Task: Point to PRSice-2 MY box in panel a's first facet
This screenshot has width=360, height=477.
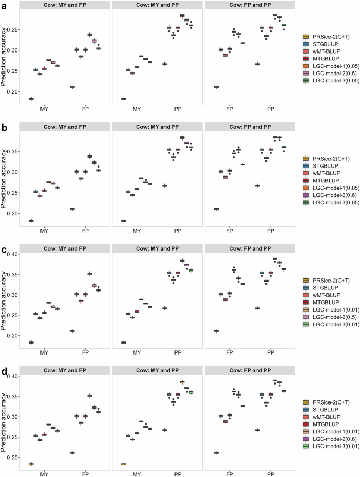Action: pos(31,99)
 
